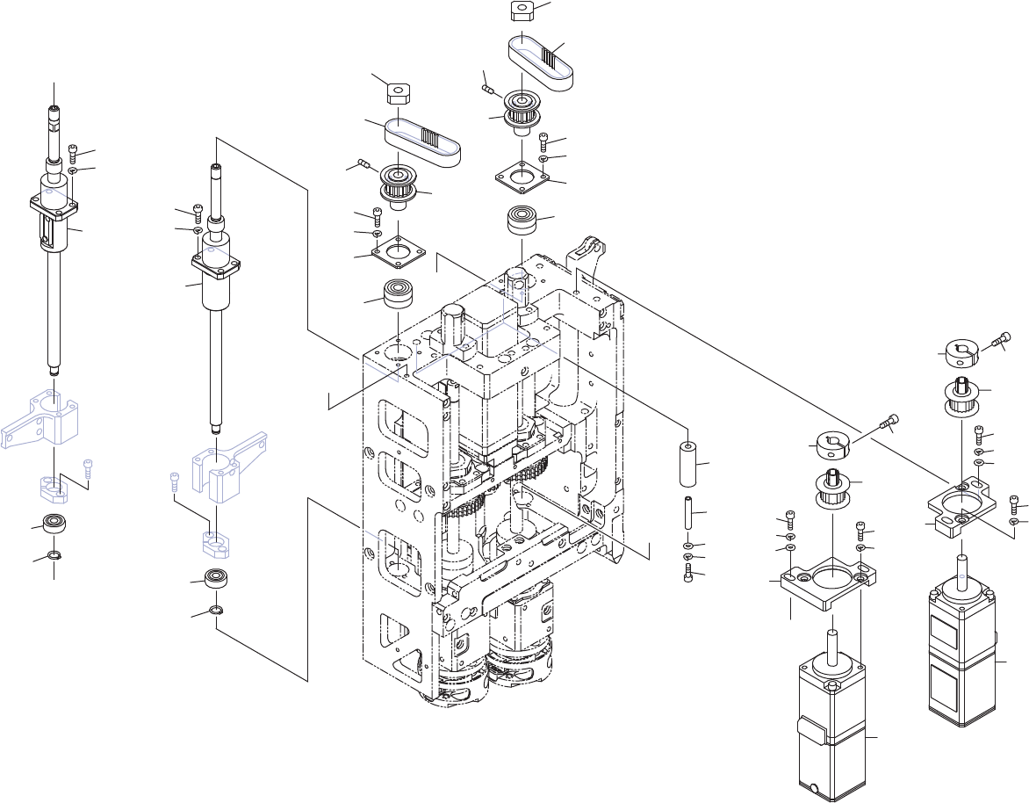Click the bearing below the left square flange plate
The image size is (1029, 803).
click(x=399, y=293)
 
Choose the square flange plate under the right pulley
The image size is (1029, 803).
click(x=524, y=176)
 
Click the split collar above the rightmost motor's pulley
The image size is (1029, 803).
click(x=963, y=353)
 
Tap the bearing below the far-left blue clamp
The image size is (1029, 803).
click(x=54, y=525)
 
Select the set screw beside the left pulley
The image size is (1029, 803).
click(x=362, y=164)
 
